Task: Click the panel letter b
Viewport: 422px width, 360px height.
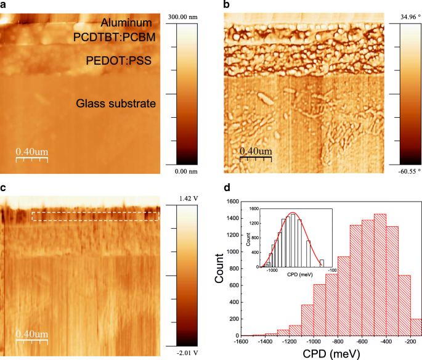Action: (x=227, y=5)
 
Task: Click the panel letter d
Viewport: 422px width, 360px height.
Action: (x=226, y=187)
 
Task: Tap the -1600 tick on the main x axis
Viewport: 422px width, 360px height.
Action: (x=241, y=342)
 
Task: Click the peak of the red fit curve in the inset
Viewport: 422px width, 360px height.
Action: (x=293, y=213)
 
